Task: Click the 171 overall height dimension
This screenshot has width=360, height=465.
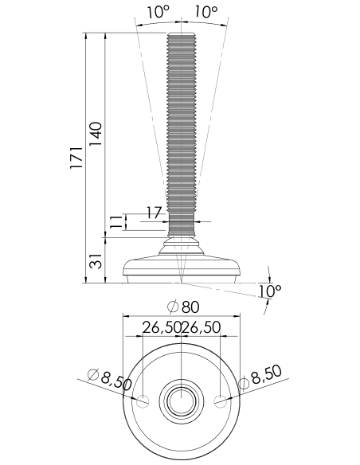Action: coord(76,158)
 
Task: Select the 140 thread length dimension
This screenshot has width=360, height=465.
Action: coord(96,134)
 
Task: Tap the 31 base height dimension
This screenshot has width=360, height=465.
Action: coord(96,261)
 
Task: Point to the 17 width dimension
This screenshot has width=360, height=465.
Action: coord(155,213)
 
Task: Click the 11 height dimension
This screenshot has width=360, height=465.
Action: coord(116,221)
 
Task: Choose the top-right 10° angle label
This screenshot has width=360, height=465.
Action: coord(206,12)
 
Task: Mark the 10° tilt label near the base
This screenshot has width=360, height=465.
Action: coord(270,291)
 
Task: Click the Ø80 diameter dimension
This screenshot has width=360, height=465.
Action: coord(183,307)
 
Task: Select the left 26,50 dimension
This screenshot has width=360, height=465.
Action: coord(162,328)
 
